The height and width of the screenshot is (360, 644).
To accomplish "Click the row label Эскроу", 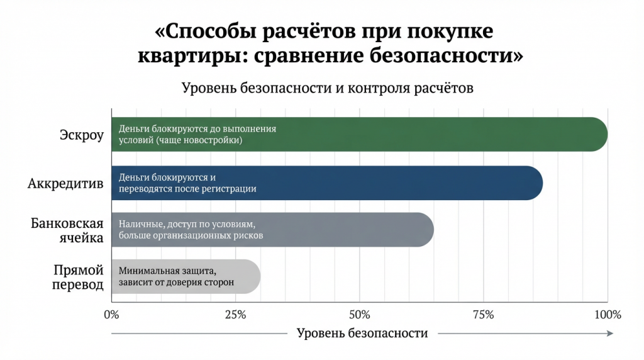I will click(x=81, y=135).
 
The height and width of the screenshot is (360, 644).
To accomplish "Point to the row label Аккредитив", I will click(x=65, y=183).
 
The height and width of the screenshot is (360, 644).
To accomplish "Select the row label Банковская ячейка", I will click(x=67, y=230).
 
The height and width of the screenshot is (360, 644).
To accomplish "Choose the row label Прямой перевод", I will click(x=79, y=277).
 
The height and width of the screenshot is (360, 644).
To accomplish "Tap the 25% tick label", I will click(x=235, y=313).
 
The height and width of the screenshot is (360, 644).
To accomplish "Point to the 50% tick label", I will click(x=358, y=313).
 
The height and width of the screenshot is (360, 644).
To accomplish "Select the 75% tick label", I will click(x=483, y=313).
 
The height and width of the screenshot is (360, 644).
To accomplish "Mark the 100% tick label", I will click(x=608, y=313).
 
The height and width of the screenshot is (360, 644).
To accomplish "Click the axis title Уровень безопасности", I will click(x=362, y=333).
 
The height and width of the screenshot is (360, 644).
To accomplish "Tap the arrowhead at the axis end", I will click(x=610, y=333).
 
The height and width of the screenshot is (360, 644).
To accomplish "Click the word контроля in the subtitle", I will click(x=381, y=88).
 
